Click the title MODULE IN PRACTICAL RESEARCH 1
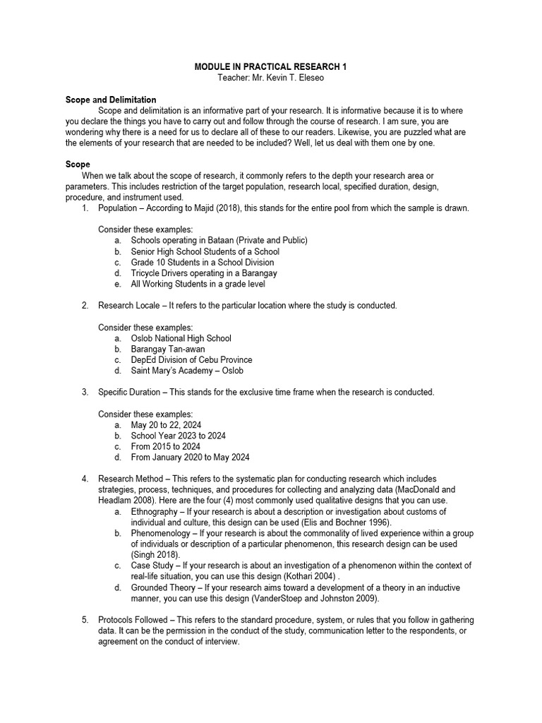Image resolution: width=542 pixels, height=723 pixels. coord(271,66)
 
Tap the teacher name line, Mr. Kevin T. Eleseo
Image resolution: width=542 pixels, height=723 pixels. coord(271,77)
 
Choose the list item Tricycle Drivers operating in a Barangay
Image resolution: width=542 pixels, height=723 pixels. coord(204,273)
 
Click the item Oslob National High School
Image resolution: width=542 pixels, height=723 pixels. coord(181,338)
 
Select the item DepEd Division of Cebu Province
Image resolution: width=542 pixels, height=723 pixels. coord(192,359)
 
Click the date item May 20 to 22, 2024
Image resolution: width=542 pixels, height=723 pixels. coord(166,425)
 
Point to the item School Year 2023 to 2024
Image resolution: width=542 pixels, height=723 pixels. coord(179,436)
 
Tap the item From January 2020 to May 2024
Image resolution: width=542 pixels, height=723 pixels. coord(190,457)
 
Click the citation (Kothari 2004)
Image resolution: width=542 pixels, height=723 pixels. coord(311,576)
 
